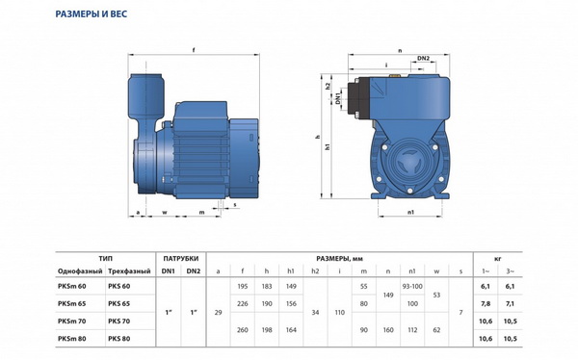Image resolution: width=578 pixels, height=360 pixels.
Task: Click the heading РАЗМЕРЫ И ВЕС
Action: click(x=92, y=14)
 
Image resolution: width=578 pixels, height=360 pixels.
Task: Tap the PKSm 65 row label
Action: click(x=71, y=303)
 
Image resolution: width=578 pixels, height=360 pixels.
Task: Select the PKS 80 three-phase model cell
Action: click(x=119, y=338)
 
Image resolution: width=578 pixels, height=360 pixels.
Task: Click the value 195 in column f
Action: click(x=242, y=286)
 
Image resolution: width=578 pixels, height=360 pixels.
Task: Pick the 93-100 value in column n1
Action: click(x=412, y=286)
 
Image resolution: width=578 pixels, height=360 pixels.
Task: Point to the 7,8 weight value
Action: click(x=486, y=303)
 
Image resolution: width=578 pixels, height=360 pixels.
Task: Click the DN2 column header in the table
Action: click(x=194, y=271)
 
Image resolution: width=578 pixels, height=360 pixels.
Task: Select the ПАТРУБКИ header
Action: click(x=181, y=258)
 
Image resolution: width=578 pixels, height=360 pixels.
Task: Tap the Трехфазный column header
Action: click(x=129, y=271)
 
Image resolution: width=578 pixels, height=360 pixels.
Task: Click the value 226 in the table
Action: click(x=242, y=303)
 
